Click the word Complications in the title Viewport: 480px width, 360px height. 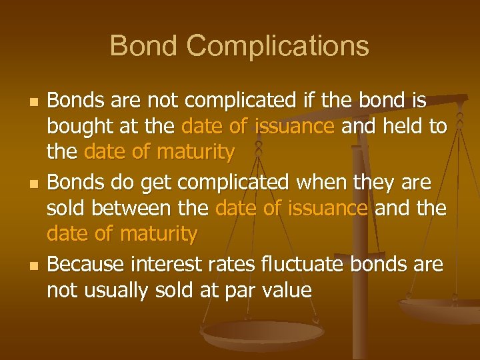click(278, 46)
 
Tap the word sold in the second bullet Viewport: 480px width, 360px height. click(67, 208)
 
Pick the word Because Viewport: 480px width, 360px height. click(88, 265)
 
